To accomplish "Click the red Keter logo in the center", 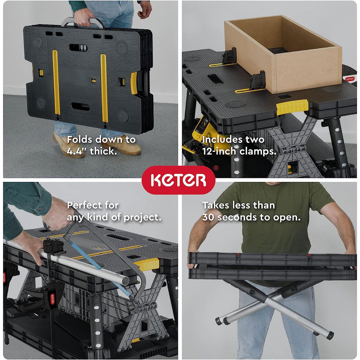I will tap(178, 180).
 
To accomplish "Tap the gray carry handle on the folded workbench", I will tap(83, 22).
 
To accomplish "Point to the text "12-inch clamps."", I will tap(239, 152).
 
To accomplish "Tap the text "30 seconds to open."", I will tap(251, 217).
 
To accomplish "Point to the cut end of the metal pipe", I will tap(125, 280).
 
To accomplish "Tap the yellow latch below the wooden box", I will tap(292, 107).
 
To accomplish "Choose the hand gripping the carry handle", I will tap(84, 15).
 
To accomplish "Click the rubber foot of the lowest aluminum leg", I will tap(330, 335).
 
